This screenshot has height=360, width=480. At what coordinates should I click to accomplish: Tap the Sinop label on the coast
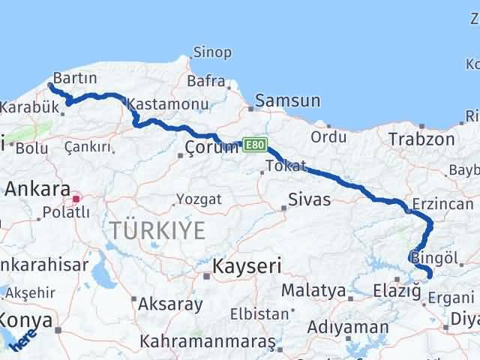click(x=212, y=52)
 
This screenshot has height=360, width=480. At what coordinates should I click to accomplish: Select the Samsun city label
click(x=287, y=100)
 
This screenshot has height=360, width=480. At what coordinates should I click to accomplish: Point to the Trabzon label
click(x=421, y=139)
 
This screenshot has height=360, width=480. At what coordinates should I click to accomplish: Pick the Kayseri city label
click(x=247, y=266)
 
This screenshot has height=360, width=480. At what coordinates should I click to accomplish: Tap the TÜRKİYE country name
click(x=157, y=231)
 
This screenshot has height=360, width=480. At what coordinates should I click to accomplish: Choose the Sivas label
click(x=310, y=200)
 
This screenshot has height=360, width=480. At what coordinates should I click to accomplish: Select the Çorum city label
click(x=211, y=148)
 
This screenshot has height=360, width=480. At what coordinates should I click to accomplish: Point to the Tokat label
click(x=285, y=166)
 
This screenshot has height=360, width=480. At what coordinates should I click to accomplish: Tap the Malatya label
click(x=313, y=289)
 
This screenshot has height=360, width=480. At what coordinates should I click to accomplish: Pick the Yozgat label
click(x=199, y=199)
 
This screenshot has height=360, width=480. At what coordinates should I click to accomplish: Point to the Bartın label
click(x=75, y=79)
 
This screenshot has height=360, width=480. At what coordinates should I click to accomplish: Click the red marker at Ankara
click(x=76, y=199)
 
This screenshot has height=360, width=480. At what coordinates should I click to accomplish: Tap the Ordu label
click(x=328, y=136)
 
